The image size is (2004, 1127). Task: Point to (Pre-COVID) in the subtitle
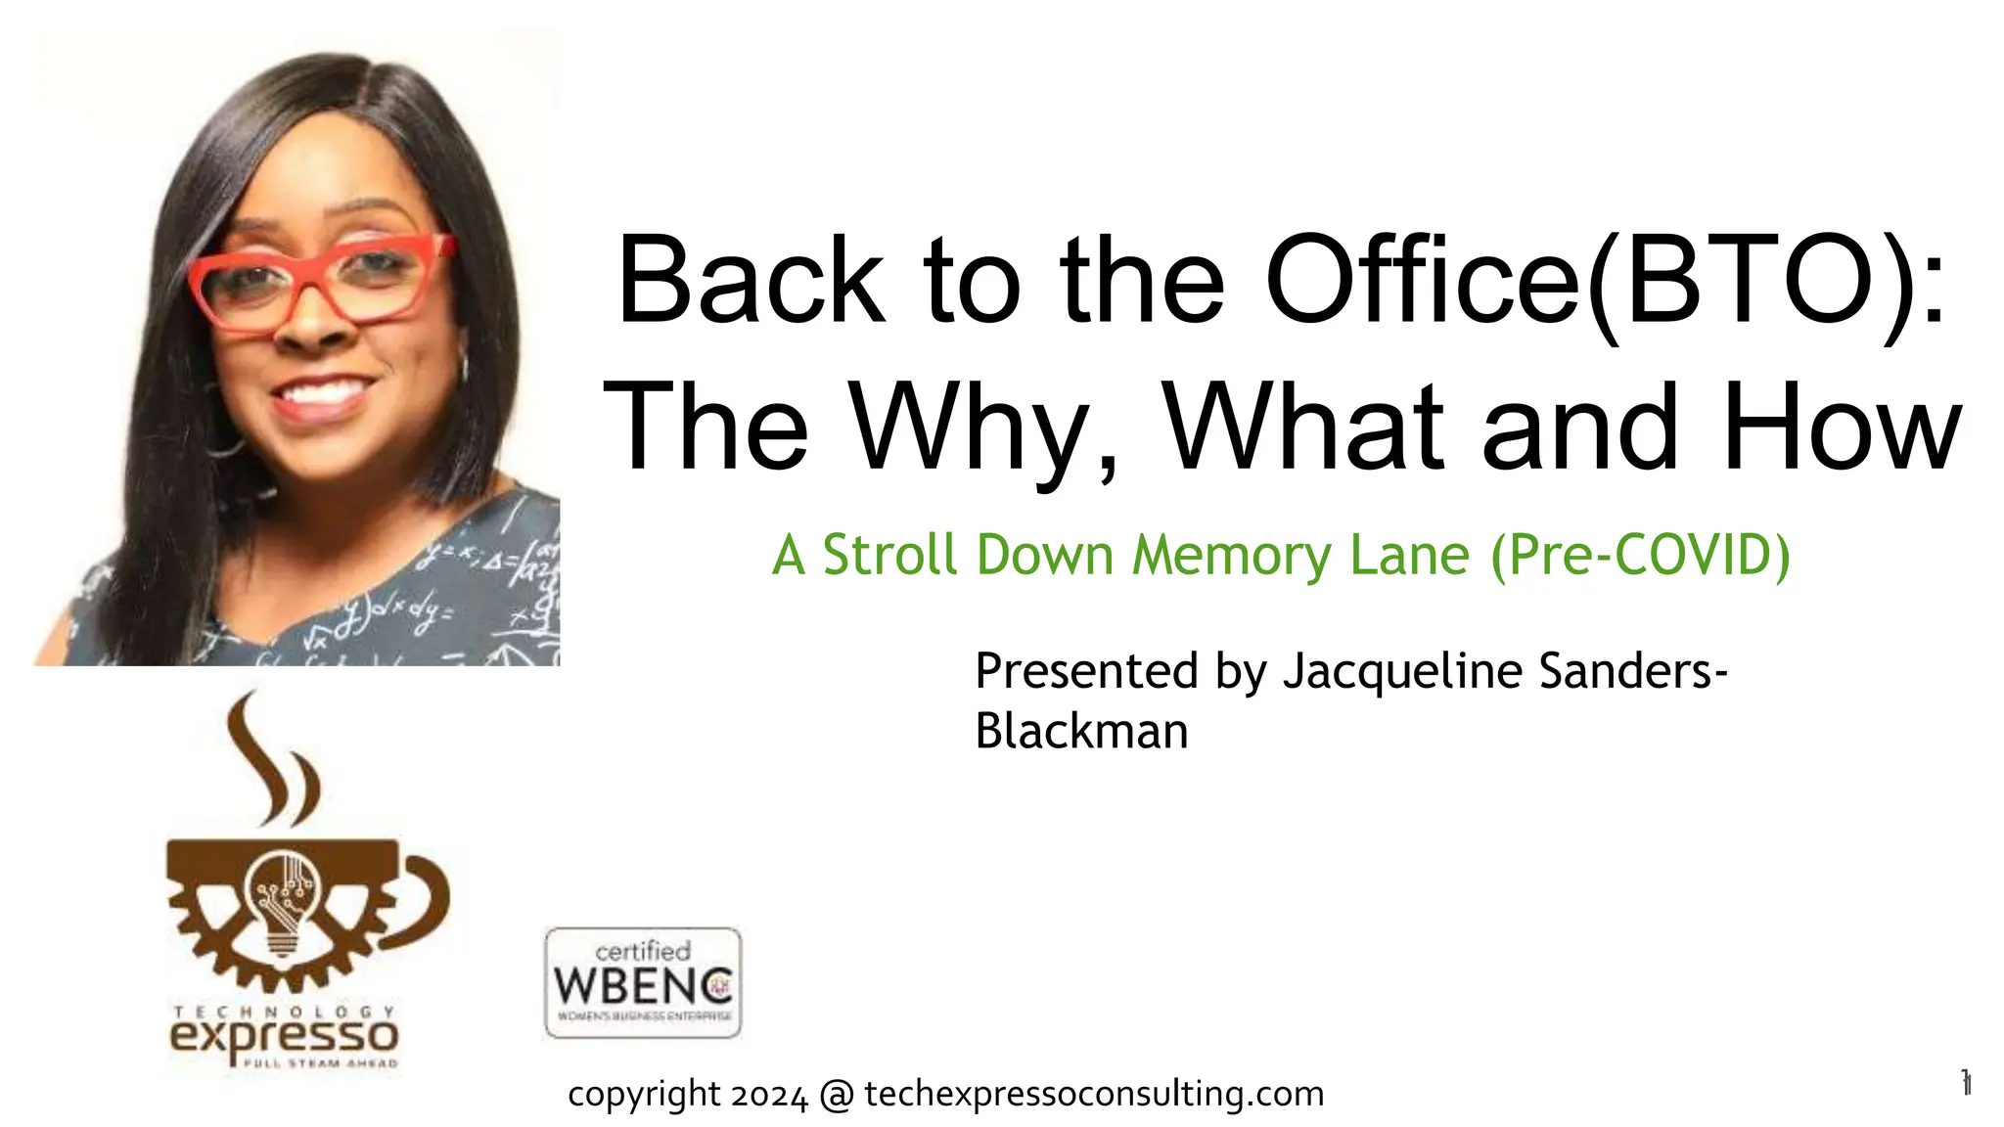[x=1640, y=556]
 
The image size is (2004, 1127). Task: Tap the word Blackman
[x=1081, y=732]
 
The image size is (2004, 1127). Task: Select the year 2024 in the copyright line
[x=769, y=1095]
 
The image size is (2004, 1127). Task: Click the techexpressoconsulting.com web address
[x=1094, y=1094]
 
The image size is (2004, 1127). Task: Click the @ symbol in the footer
[x=837, y=1095]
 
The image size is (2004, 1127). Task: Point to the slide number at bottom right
[x=1965, y=1083]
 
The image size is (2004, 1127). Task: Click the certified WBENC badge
[x=643, y=982]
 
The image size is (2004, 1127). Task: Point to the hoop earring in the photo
[x=463, y=371]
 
